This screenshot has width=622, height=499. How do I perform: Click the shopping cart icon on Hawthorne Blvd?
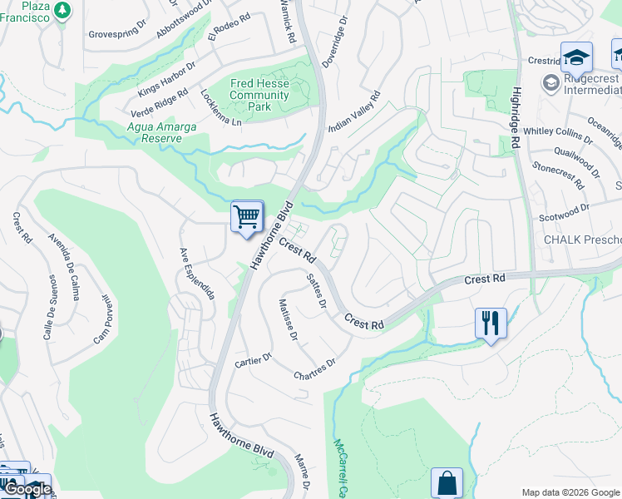pos(247,218)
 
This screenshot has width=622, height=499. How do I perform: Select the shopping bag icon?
pos(447,483)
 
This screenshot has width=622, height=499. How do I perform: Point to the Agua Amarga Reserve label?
pos(143,132)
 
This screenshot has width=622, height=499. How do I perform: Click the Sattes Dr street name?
pos(316,290)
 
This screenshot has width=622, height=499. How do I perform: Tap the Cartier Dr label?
pos(254,359)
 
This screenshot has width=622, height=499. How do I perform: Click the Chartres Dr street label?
pos(314,369)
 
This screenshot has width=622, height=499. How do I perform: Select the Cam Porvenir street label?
pos(101,319)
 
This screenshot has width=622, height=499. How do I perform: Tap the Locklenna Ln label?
pos(220,108)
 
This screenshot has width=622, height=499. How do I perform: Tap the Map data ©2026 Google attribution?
pos(570,492)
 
